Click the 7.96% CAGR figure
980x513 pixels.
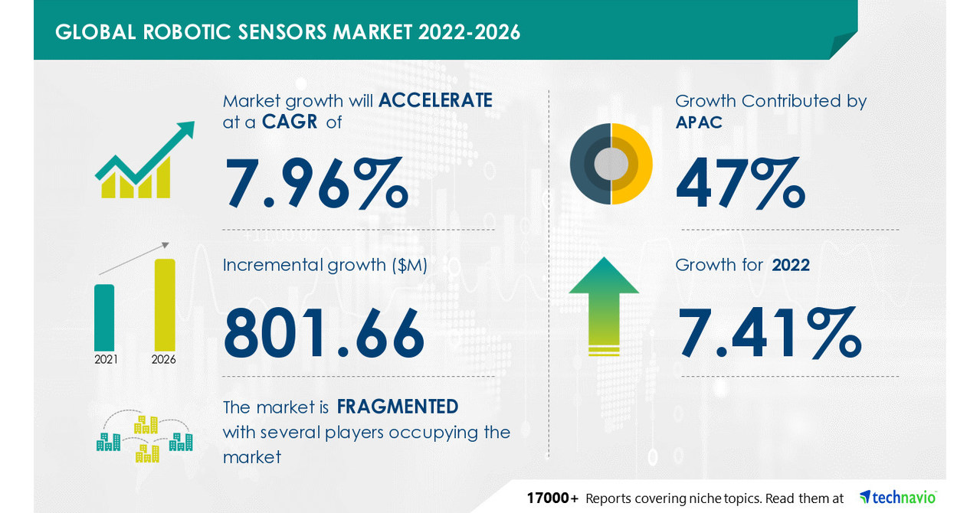click(316, 183)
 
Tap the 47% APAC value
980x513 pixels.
click(741, 182)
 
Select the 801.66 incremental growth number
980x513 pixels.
click(324, 333)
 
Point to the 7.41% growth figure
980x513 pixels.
click(769, 332)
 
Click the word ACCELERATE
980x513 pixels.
click(435, 100)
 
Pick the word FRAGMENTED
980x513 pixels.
click(397, 407)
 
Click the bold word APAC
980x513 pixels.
click(699, 123)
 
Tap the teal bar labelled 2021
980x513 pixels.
click(104, 318)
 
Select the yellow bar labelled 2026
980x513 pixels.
click(165, 305)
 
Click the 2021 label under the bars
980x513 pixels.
click(106, 360)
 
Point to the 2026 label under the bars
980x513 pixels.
click(164, 360)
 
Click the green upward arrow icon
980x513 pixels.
click(604, 306)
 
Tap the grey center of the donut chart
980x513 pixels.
click(611, 164)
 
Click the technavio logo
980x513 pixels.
click(898, 497)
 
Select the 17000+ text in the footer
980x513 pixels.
click(552, 498)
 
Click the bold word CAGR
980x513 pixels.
click(289, 122)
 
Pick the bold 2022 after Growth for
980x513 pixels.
click(791, 265)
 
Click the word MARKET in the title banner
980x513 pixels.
click(372, 32)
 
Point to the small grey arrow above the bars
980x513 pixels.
click(134, 259)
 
